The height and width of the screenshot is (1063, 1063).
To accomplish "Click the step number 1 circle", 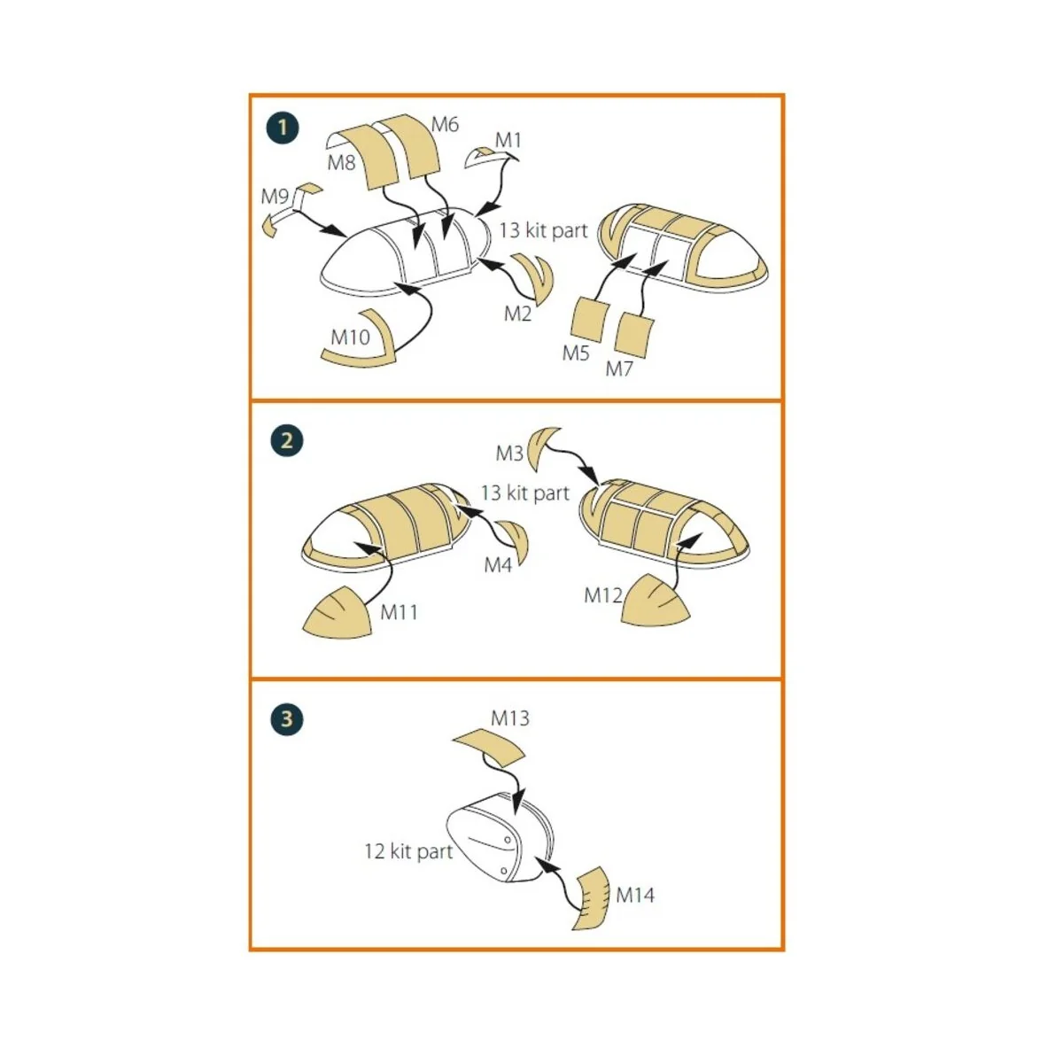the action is [283, 128].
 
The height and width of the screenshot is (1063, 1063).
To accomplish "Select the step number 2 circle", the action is [287, 440].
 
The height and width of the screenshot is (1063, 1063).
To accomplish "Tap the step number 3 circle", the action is [287, 719].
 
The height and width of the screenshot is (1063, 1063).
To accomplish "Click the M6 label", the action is [445, 125].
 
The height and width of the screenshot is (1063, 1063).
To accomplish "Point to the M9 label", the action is [275, 196].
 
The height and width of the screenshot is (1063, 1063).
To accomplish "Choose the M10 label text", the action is [350, 337].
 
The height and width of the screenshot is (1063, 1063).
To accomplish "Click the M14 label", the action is [635, 895].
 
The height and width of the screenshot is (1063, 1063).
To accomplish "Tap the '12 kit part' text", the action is [408, 851].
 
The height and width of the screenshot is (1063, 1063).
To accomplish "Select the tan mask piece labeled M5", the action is [589, 320].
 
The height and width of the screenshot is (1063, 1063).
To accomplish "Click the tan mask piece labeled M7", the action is [634, 335].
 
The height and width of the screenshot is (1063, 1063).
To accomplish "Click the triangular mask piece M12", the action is [656, 600].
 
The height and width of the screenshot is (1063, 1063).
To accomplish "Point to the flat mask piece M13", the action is [489, 747].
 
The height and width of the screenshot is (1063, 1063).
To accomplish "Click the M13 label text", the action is [509, 718].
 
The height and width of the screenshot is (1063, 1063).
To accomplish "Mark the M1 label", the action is [508, 140].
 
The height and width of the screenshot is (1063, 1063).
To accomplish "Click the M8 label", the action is [341, 163].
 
